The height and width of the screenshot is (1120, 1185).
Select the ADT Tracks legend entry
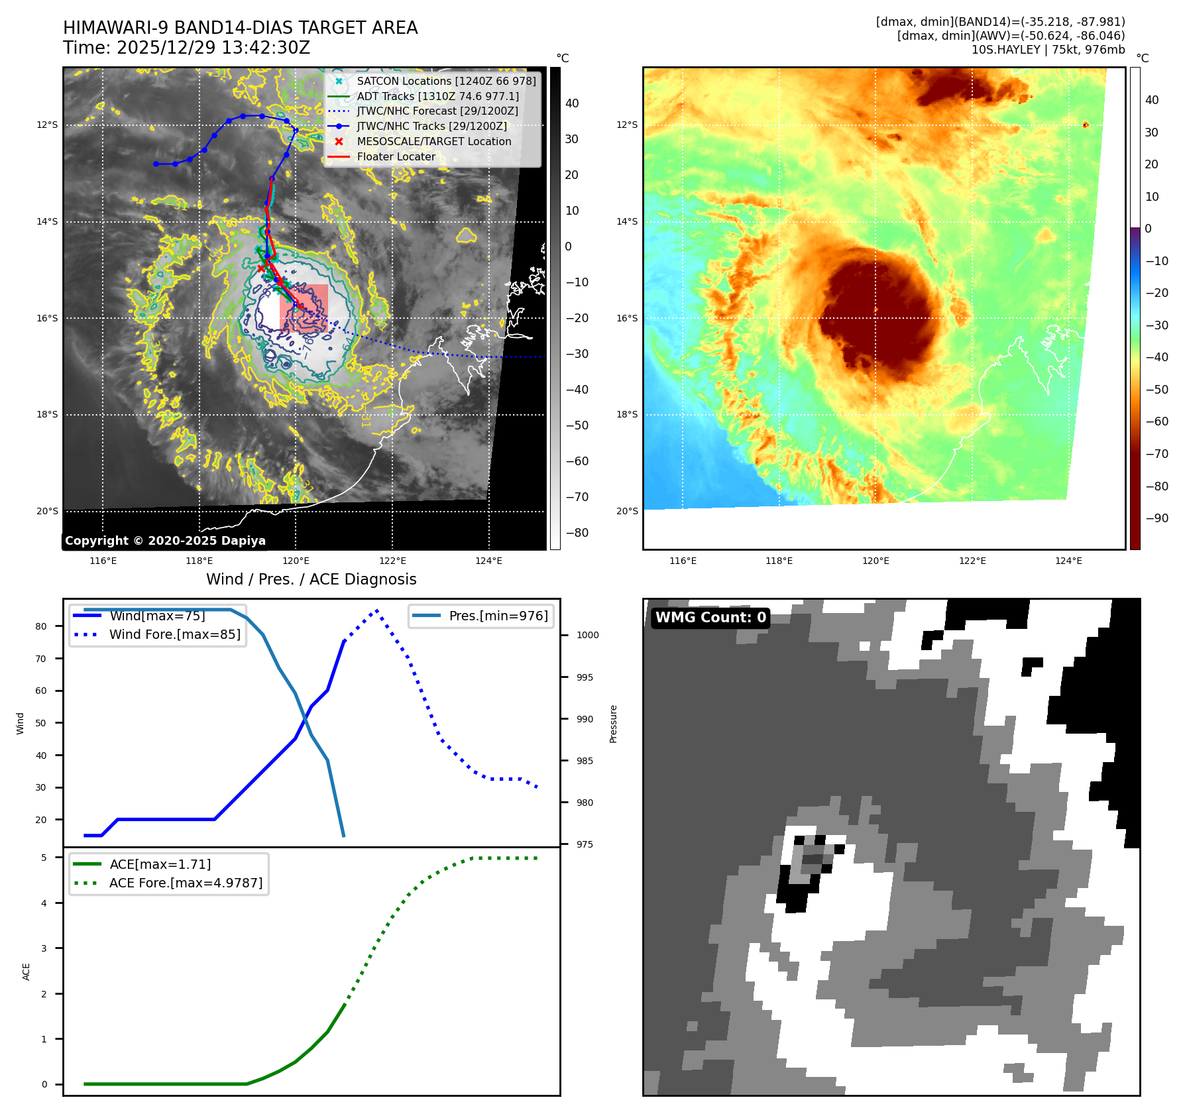[437, 96]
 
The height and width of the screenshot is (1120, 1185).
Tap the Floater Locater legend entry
[396, 157]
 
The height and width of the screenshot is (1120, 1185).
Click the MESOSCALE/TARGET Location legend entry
[433, 142]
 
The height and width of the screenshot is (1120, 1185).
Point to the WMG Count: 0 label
[710, 618]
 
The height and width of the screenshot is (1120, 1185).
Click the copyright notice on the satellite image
[165, 541]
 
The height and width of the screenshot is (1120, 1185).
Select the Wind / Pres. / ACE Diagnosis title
[311, 579]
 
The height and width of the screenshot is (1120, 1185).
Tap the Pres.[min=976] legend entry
[498, 616]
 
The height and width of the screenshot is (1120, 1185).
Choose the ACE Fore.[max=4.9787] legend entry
[186, 883]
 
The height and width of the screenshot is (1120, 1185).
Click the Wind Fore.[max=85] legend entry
[174, 634]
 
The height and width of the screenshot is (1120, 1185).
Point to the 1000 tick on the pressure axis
[587, 635]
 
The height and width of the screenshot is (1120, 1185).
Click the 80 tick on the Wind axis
[41, 626]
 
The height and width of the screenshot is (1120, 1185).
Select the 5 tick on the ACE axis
[44, 858]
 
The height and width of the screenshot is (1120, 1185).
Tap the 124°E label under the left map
[488, 561]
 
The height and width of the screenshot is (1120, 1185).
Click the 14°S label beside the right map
[627, 221]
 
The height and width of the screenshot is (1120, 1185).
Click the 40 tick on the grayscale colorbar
[571, 103]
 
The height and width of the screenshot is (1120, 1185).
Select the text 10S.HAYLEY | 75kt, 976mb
[1048, 50]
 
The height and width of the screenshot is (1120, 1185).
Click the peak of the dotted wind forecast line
[377, 610]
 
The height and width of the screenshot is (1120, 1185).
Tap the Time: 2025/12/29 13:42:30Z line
[186, 48]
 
